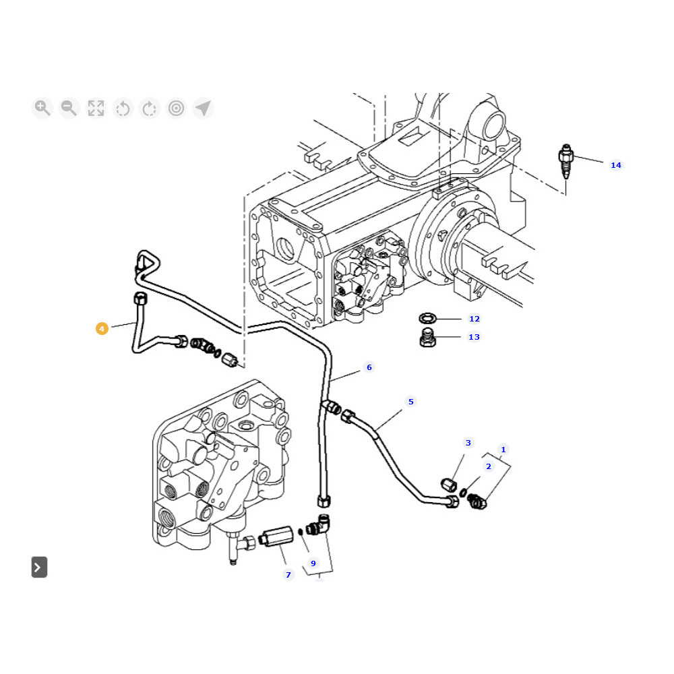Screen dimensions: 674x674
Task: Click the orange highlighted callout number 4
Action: [x=102, y=329]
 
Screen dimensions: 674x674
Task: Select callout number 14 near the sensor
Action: [x=616, y=165]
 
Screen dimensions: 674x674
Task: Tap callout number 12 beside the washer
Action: [x=474, y=319]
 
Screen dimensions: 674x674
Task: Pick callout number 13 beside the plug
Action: [x=474, y=337]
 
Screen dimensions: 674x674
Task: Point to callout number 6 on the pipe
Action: [x=369, y=367]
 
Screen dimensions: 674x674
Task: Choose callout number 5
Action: [x=410, y=402]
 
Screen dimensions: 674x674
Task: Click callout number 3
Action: [x=468, y=443]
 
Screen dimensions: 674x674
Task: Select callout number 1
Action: [x=503, y=450]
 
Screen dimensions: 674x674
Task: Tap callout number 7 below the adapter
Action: [x=288, y=575]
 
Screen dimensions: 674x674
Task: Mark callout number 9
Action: [x=313, y=563]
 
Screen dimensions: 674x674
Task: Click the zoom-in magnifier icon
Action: [x=42, y=108]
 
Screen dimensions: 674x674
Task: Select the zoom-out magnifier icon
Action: [x=69, y=108]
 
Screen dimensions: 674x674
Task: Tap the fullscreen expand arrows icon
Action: [x=96, y=108]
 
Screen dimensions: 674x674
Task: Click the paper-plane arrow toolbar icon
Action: [x=203, y=108]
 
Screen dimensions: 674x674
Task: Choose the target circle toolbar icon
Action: [x=177, y=108]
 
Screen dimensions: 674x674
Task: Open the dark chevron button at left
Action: [x=39, y=568]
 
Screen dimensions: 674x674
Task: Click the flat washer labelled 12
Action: [x=427, y=318]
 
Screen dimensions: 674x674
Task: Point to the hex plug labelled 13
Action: [x=427, y=338]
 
